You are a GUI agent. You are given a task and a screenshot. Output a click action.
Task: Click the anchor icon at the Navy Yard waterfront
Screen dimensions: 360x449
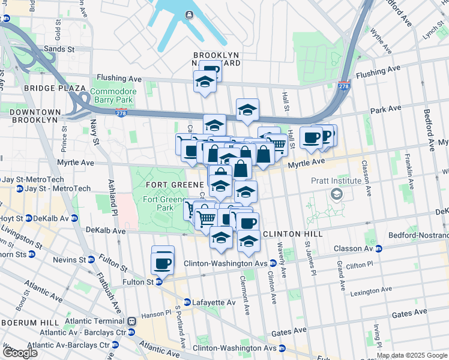[x=190, y=15]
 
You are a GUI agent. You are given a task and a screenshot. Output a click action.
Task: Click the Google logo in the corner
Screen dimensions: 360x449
[x=20, y=353]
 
